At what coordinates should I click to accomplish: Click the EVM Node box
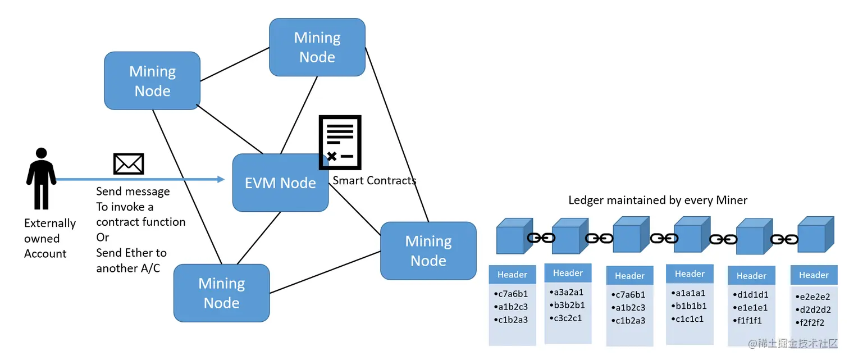[280, 183]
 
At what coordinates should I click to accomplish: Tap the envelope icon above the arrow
[129, 163]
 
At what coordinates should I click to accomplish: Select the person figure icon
[41, 179]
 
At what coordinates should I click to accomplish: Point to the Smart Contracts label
[374, 180]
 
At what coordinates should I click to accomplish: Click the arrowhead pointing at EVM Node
[221, 179]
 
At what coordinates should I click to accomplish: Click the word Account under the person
[45, 253]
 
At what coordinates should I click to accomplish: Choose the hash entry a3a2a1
[568, 292]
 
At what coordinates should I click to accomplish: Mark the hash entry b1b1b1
[690, 306]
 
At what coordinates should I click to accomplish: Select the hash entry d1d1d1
[752, 295]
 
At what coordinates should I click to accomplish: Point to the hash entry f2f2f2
[814, 323]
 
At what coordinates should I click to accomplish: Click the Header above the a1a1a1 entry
[690, 274]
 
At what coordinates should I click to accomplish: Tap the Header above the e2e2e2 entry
[814, 275]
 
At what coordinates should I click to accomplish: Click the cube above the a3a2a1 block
[568, 236]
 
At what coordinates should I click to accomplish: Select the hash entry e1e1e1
[752, 308]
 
